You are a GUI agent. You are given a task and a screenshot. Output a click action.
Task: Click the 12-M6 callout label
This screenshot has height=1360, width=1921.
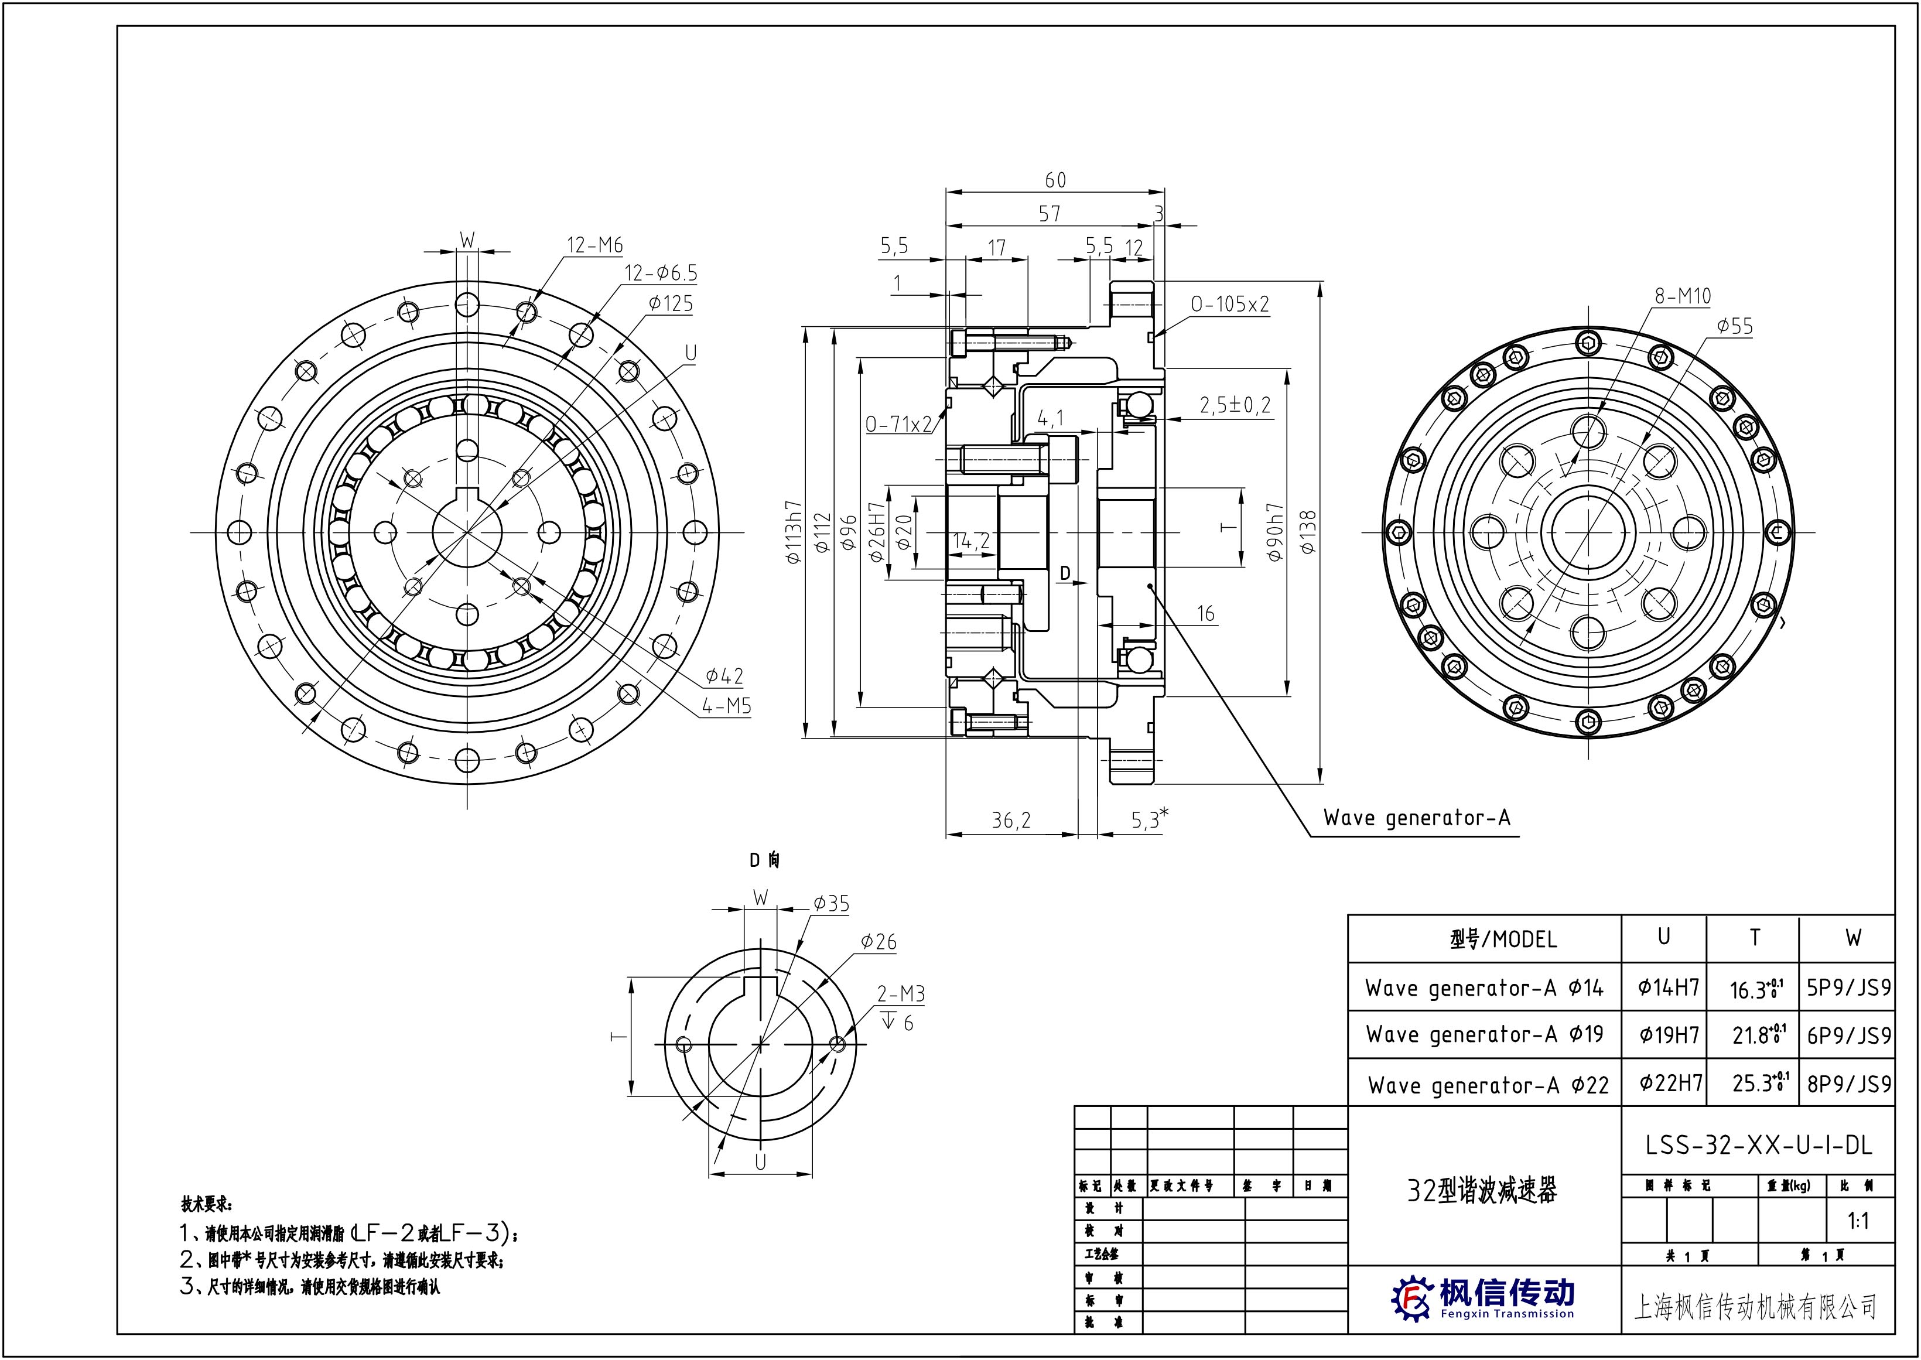pos(594,245)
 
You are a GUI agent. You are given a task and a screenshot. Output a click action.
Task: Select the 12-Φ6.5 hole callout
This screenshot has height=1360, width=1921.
pos(661,273)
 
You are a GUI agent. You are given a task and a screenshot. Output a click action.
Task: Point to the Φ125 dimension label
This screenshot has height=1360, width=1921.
pos(670,303)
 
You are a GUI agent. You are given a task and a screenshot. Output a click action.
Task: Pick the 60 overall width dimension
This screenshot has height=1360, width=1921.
pos(1055,180)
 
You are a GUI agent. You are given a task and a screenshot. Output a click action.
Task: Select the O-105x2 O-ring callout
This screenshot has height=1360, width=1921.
pos(1230,303)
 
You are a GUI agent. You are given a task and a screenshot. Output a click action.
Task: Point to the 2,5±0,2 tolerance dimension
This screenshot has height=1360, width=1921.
pos(1235,406)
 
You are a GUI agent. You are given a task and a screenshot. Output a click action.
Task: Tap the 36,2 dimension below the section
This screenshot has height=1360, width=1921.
pos(1011,821)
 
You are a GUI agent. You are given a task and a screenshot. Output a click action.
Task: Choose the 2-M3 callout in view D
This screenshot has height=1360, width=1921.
pos(900,994)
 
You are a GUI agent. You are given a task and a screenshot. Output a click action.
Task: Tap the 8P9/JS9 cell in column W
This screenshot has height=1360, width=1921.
pos(1849,1085)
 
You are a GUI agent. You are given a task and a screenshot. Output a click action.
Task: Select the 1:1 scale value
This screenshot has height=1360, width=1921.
pos(1858,1221)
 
